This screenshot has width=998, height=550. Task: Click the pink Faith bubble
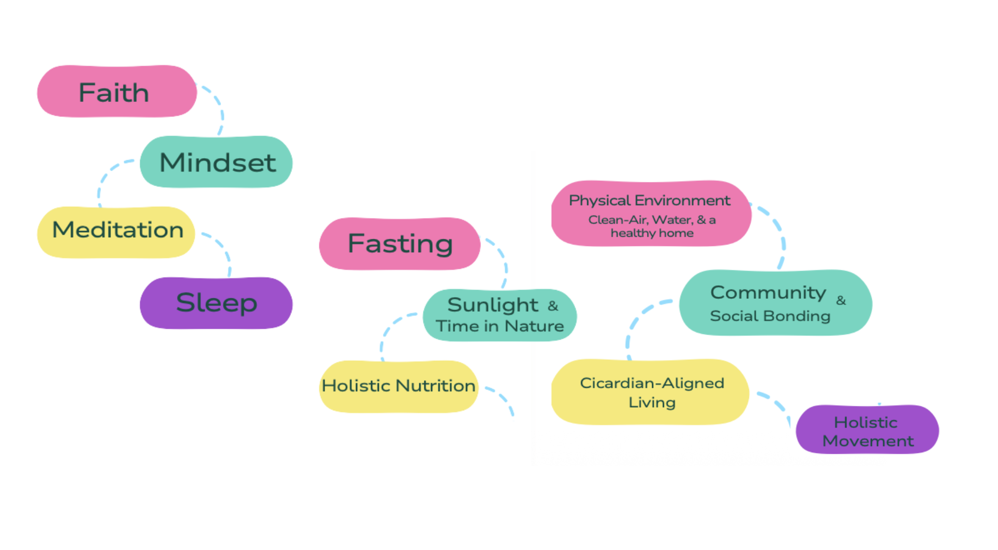click(x=117, y=91)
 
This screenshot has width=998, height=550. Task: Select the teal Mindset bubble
click(x=216, y=162)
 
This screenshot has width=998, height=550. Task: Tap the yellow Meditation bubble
click(x=116, y=232)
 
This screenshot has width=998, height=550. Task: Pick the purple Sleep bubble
click(x=216, y=303)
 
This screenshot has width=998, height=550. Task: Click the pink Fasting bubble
click(x=400, y=243)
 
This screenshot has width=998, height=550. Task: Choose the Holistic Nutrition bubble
click(x=399, y=386)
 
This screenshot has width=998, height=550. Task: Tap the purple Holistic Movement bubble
click(x=868, y=430)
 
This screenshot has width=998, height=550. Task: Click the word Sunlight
click(x=493, y=305)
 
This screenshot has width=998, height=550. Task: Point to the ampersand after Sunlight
click(x=553, y=306)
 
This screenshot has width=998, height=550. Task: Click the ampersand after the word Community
click(x=841, y=300)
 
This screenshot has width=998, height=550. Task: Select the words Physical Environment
click(x=650, y=201)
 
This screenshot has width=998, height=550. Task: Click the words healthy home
click(x=652, y=233)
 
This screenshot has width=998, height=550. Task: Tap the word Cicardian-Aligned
click(x=652, y=383)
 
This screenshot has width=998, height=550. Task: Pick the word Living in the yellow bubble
click(x=652, y=403)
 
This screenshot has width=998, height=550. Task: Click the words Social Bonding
click(x=770, y=316)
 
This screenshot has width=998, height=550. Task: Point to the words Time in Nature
click(x=500, y=326)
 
